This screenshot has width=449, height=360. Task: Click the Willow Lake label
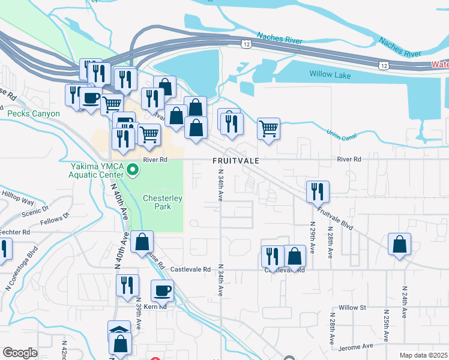330,74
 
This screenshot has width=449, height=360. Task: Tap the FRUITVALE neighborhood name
237,161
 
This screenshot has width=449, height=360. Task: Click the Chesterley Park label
157,202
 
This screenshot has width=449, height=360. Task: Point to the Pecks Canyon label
33,113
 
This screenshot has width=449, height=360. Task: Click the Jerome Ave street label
355,346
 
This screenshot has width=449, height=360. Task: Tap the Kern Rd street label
154,306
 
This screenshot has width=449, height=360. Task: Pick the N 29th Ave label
312,240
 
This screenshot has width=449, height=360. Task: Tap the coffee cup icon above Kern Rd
162,291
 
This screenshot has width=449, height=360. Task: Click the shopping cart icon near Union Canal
268,127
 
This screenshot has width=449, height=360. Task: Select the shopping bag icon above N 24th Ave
399,244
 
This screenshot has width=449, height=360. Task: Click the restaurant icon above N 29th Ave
318,191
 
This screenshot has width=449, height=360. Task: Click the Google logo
20,353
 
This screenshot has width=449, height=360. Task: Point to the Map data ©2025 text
423,355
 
